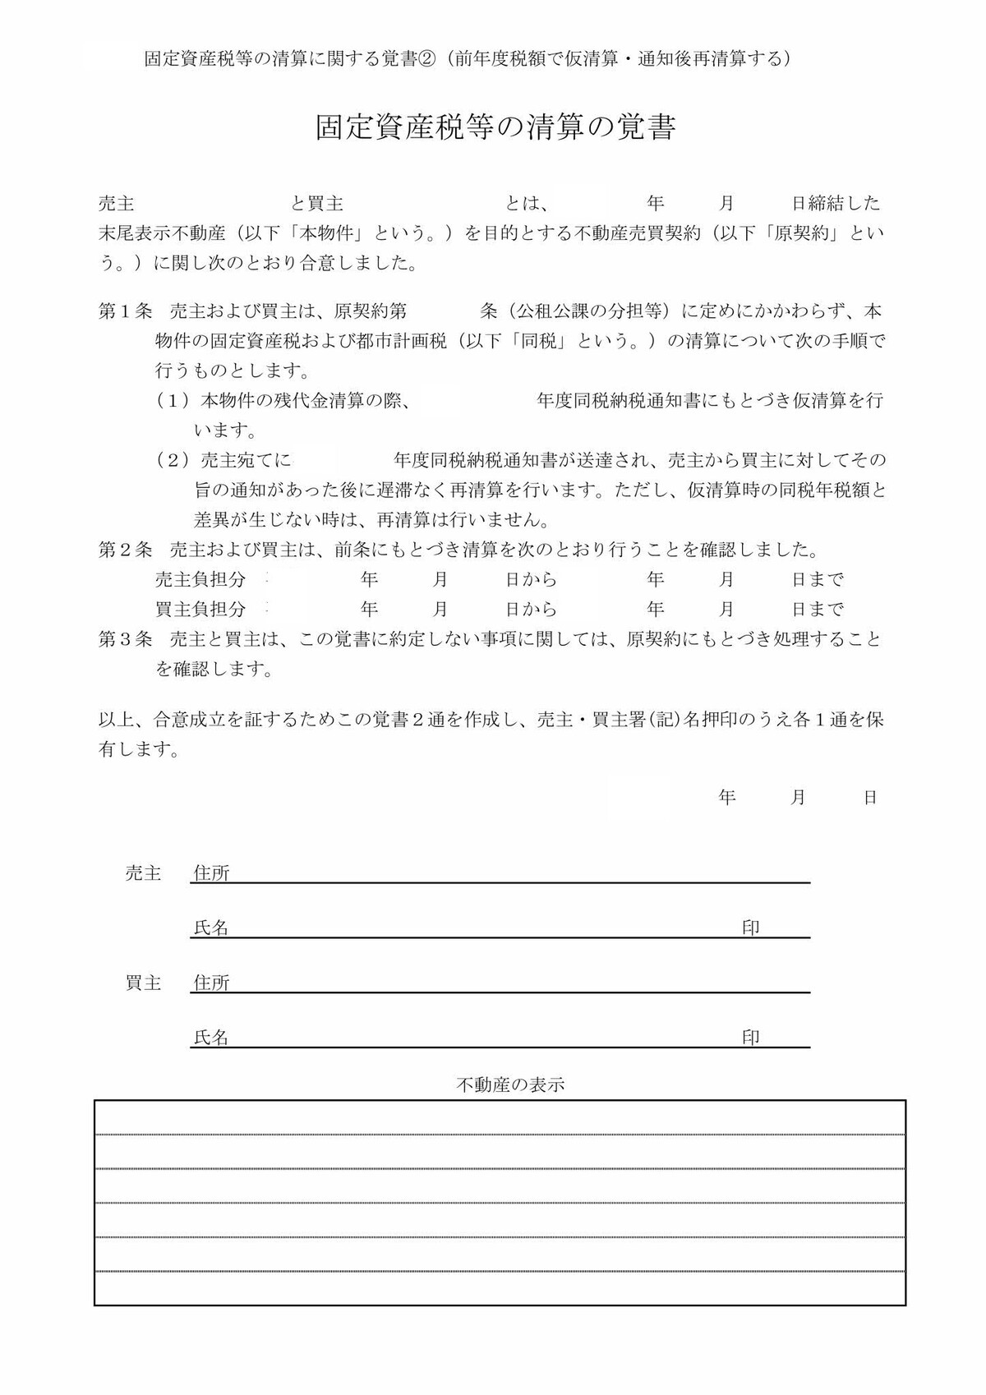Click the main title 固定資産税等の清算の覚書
tap(495, 128)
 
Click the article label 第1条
tap(125, 312)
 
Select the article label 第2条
tap(125, 550)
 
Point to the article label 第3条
tap(125, 639)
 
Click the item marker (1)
tap(173, 401)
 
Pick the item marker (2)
tap(173, 460)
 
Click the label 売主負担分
tap(200, 580)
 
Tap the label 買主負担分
tap(200, 610)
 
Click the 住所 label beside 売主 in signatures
tap(211, 873)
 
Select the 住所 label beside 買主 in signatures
tap(211, 983)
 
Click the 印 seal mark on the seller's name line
tap(750, 928)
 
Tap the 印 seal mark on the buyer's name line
tap(750, 1038)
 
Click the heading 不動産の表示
tap(510, 1084)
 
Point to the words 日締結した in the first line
tap(836, 203)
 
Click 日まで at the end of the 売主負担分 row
tap(818, 580)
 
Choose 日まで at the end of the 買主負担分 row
tap(818, 610)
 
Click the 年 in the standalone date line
tap(726, 797)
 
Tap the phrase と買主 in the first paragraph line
tap(317, 203)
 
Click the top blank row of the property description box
tap(500, 1118)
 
